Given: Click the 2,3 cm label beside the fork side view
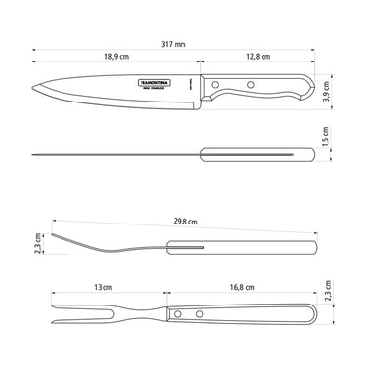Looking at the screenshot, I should [36, 241].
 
